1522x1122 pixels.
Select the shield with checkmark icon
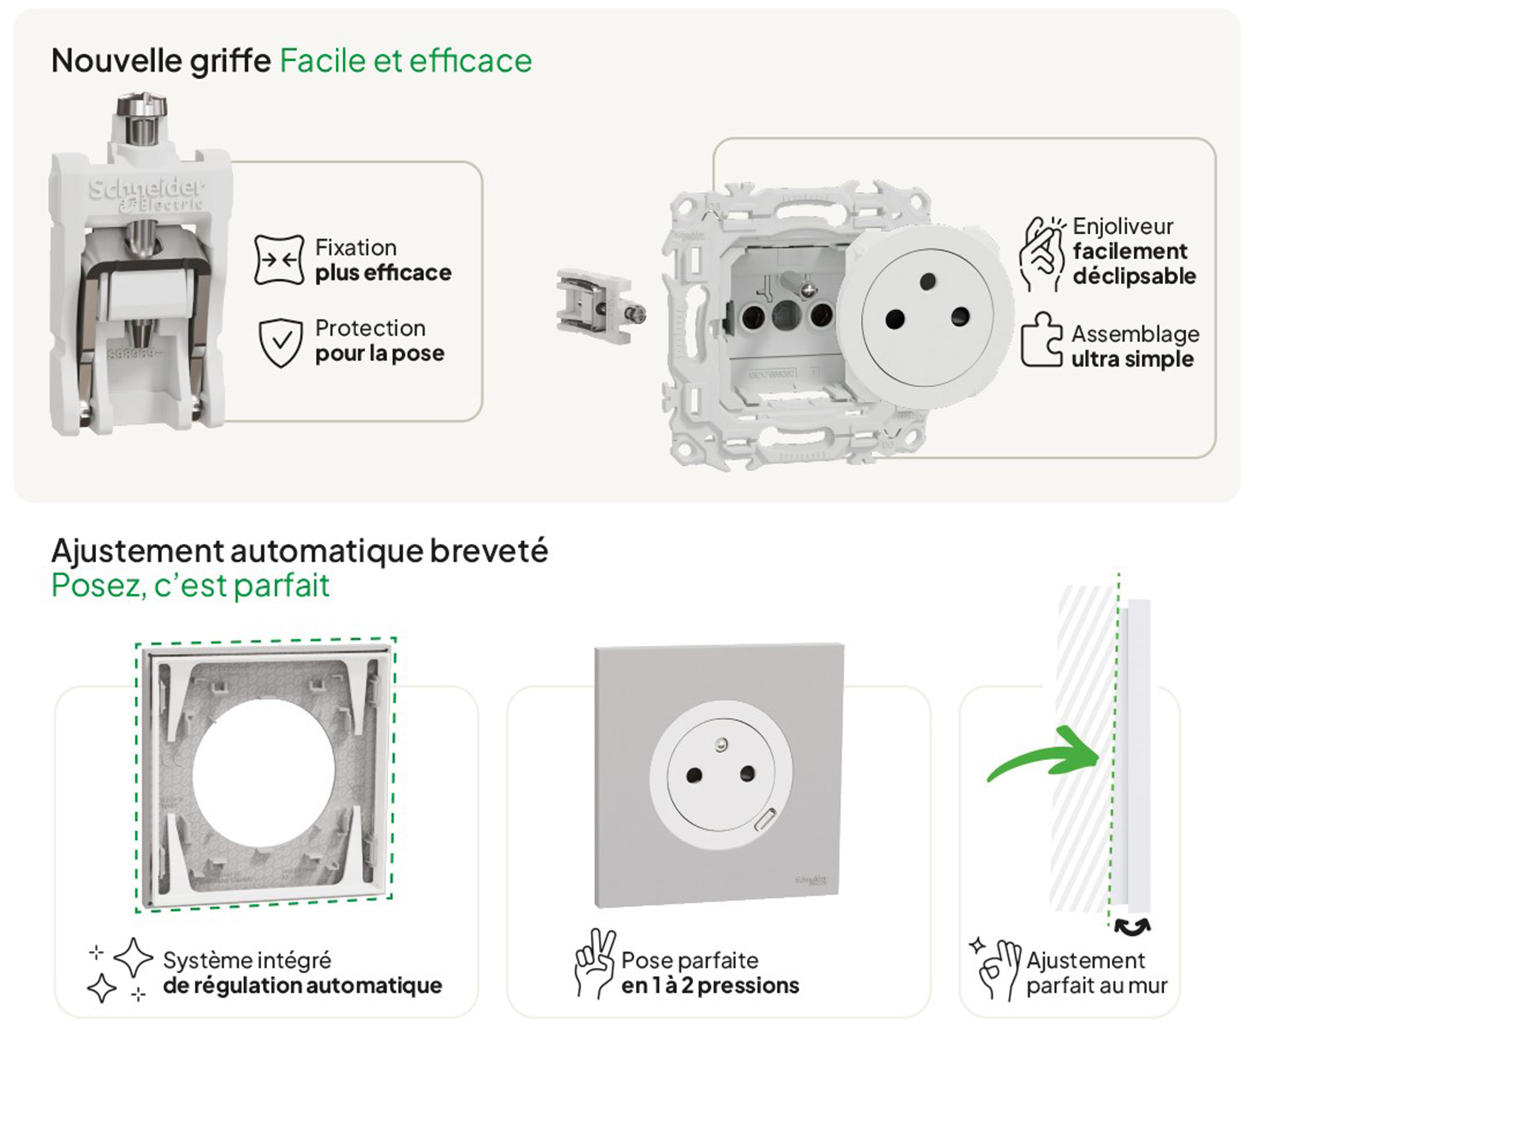pyautogui.click(x=281, y=343)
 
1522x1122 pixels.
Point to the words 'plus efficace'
pyautogui.click(x=383, y=273)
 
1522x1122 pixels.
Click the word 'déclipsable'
pyautogui.click(x=1135, y=276)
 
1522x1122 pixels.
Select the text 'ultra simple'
pyautogui.click(x=1133, y=359)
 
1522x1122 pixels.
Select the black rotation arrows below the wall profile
pyautogui.click(x=1132, y=926)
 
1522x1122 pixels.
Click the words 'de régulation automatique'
pyautogui.click(x=302, y=985)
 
